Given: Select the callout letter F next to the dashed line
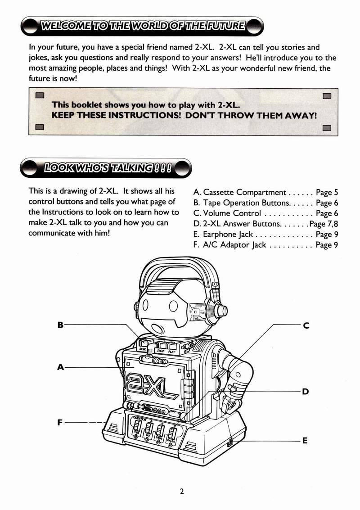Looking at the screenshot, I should (x=60, y=422).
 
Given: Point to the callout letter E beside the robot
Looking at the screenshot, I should (x=305, y=441).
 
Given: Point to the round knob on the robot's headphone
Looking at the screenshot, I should (x=221, y=310).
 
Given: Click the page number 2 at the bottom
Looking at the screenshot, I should (x=182, y=492).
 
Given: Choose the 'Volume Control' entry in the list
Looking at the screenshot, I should (x=232, y=213).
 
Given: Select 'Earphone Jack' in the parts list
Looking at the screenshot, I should (x=228, y=234).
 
